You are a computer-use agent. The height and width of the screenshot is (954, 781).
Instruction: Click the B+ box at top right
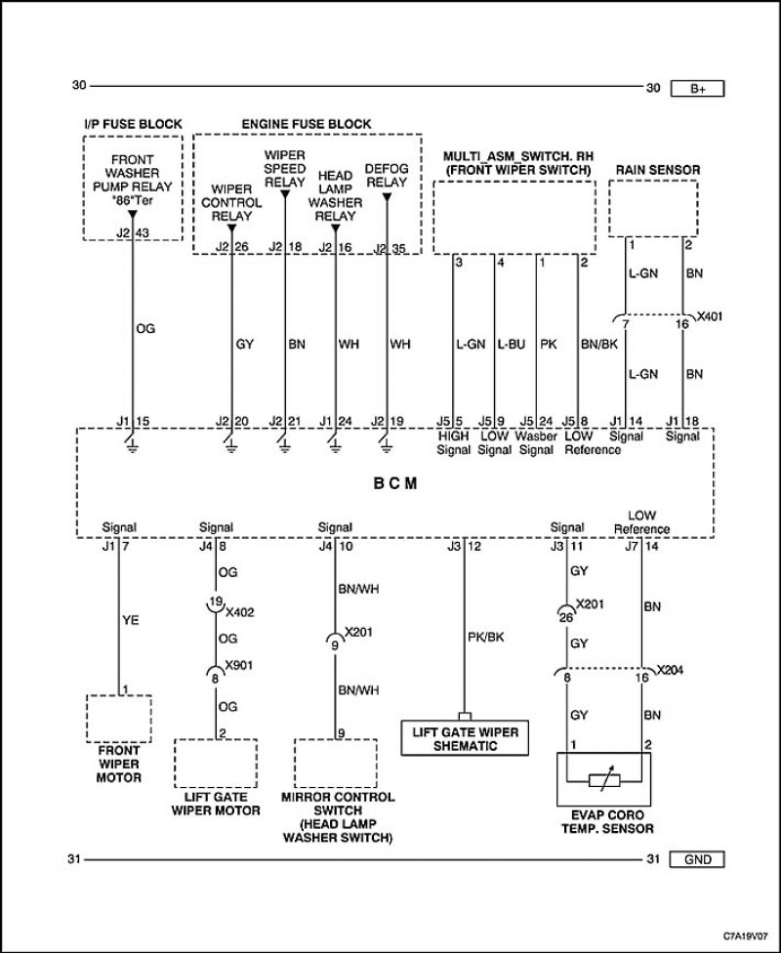coord(698,89)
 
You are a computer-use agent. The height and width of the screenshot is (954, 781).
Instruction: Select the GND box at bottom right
coord(697,859)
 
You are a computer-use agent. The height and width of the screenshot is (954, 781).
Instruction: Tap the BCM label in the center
coord(395,483)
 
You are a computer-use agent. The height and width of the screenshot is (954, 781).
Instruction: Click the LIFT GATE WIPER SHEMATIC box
coord(465,738)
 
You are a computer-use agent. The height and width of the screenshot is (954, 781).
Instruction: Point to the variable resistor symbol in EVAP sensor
coord(604,780)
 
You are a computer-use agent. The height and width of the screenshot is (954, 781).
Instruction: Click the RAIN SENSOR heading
coord(658,170)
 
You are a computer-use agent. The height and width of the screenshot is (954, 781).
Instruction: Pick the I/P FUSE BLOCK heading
coord(133,124)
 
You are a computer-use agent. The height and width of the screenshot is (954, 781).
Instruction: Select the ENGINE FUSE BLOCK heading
coord(307,124)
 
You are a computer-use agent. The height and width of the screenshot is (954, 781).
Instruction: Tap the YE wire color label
coord(131,620)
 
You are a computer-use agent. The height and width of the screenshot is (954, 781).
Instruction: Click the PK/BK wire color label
coord(486,637)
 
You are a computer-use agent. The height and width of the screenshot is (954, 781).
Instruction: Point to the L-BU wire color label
coord(511,345)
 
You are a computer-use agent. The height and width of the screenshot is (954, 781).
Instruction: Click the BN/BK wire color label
coord(599,345)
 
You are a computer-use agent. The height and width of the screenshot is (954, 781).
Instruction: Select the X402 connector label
coord(239,612)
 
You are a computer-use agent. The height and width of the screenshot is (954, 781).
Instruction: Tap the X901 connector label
coord(239,665)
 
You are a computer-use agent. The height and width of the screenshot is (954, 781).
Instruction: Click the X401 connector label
coord(710,316)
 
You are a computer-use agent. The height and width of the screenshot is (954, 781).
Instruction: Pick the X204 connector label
coord(670,670)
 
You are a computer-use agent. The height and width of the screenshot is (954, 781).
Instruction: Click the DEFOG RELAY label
coord(387,175)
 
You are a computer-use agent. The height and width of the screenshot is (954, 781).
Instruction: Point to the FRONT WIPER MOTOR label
coord(118,765)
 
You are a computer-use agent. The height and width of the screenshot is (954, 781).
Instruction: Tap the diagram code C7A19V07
coord(746,933)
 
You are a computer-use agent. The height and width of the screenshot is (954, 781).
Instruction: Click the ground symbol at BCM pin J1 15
coord(133,446)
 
